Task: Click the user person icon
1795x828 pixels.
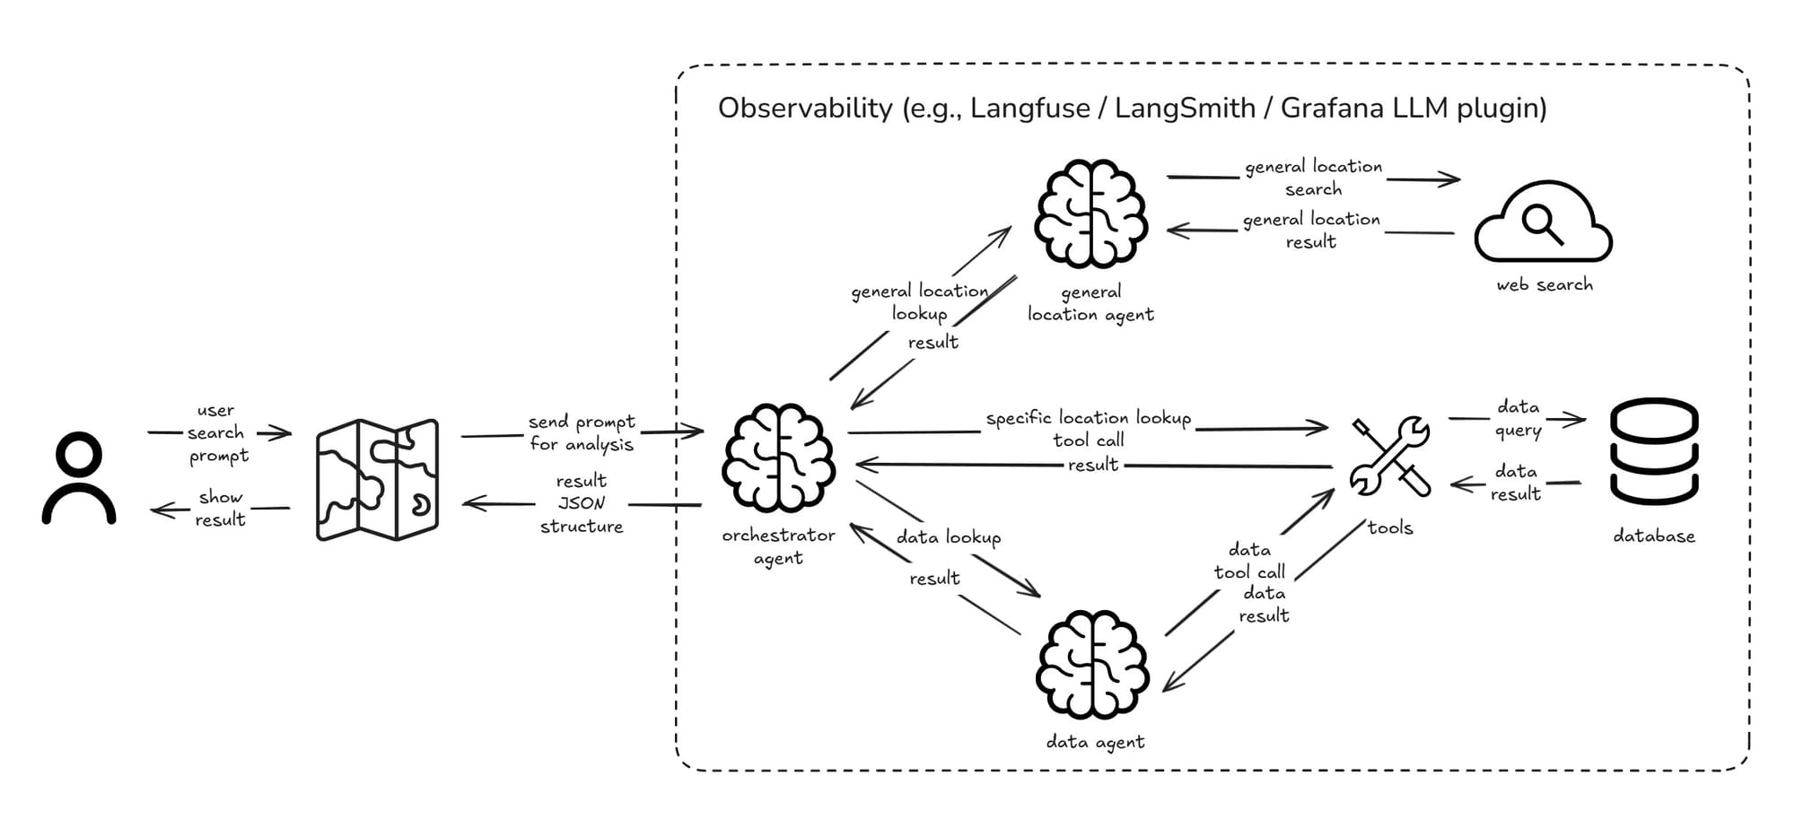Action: pyautogui.click(x=79, y=477)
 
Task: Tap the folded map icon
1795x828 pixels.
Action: pyautogui.click(x=377, y=480)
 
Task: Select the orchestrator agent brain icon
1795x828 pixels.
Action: pyautogui.click(x=778, y=458)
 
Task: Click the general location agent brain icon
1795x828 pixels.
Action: pyautogui.click(x=1090, y=214)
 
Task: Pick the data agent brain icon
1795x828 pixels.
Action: pyautogui.click(x=1092, y=664)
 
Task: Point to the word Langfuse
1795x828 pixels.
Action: pyautogui.click(x=1030, y=109)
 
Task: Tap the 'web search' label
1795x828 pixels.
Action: pyautogui.click(x=1544, y=285)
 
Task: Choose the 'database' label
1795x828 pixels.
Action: pyautogui.click(x=1653, y=536)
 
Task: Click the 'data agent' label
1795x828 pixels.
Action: pyautogui.click(x=1095, y=743)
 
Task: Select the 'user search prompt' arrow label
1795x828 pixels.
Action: pyautogui.click(x=216, y=433)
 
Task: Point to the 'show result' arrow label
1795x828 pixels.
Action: pyautogui.click(x=220, y=509)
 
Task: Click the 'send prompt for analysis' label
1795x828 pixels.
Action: pyautogui.click(x=581, y=432)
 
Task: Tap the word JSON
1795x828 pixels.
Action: pyautogui.click(x=582, y=503)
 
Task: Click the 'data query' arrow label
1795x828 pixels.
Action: pyautogui.click(x=1518, y=419)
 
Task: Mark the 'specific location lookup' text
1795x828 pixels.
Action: pyautogui.click(x=1088, y=418)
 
